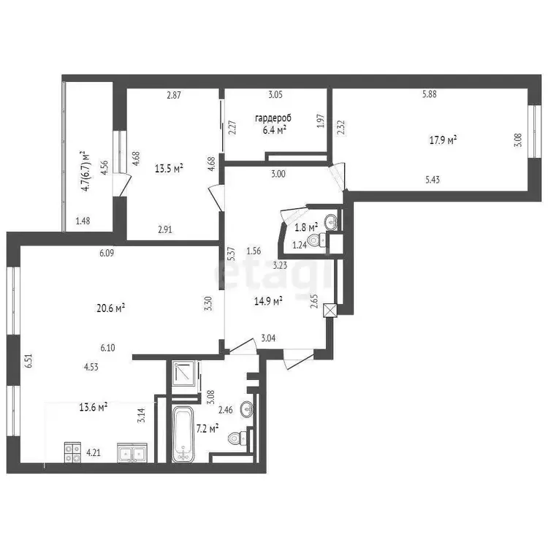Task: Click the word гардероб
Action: (273, 118)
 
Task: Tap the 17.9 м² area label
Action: (444, 140)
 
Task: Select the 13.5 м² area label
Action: (170, 169)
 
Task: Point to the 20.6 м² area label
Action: (111, 308)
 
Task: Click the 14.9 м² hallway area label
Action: (268, 301)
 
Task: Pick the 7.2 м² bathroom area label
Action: (208, 428)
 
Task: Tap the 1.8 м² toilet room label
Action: (306, 227)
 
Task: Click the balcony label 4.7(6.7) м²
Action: (85, 171)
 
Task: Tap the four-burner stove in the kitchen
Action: (72, 452)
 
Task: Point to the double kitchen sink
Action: (132, 453)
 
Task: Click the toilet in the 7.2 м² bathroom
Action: (237, 438)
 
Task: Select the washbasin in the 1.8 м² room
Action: (331, 221)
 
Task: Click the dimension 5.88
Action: (429, 94)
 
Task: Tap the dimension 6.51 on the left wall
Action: (28, 361)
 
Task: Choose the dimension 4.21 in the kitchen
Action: (94, 452)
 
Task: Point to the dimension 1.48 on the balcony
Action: (83, 221)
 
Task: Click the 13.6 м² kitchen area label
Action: (93, 407)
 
